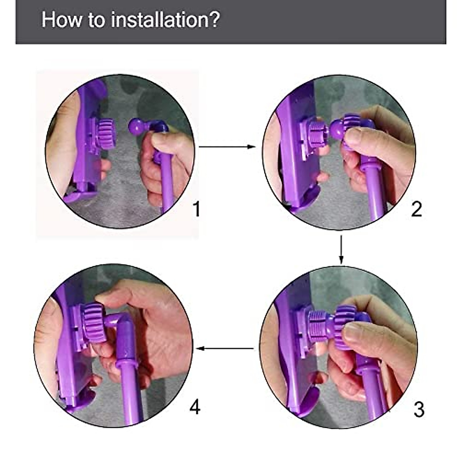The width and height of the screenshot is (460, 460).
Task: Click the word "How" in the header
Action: pyautogui.click(x=61, y=20)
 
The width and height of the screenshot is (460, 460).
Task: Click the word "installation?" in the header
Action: pyautogui.click(x=165, y=20)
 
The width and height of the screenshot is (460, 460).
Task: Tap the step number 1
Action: pyautogui.click(x=197, y=209)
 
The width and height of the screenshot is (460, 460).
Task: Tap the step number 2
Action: pyautogui.click(x=417, y=209)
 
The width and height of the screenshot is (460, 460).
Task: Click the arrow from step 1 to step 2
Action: pyautogui.click(x=227, y=146)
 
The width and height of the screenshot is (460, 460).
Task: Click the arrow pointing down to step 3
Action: pyautogui.click(x=341, y=250)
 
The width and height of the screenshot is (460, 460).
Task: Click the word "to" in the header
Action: pyautogui.click(x=97, y=20)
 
